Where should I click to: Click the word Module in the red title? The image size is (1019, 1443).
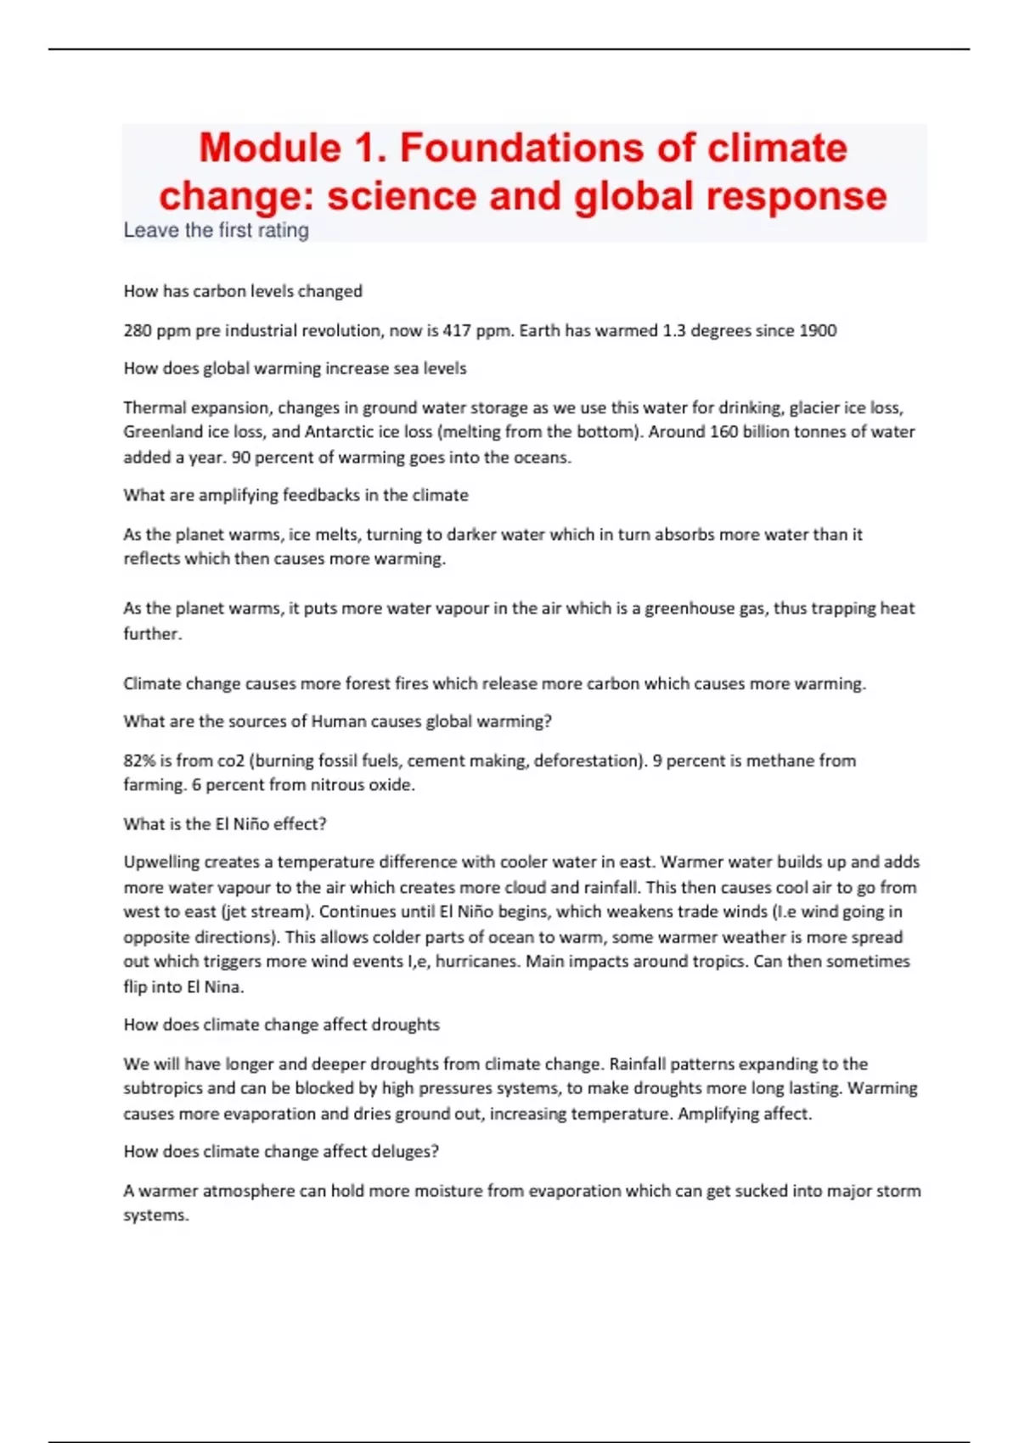(x=270, y=148)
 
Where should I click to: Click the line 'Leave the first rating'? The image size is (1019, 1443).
(x=216, y=230)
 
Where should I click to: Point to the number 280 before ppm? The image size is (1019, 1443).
(x=138, y=330)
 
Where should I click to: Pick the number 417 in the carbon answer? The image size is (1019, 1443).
(x=457, y=330)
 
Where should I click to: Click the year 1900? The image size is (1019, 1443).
(x=817, y=330)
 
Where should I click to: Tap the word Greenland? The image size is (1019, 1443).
(x=163, y=431)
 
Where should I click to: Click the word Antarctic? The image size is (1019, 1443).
(x=340, y=431)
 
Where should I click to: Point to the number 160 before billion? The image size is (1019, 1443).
(x=723, y=431)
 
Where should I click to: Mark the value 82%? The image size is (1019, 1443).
(x=139, y=761)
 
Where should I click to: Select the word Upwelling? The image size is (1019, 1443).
(x=163, y=862)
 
